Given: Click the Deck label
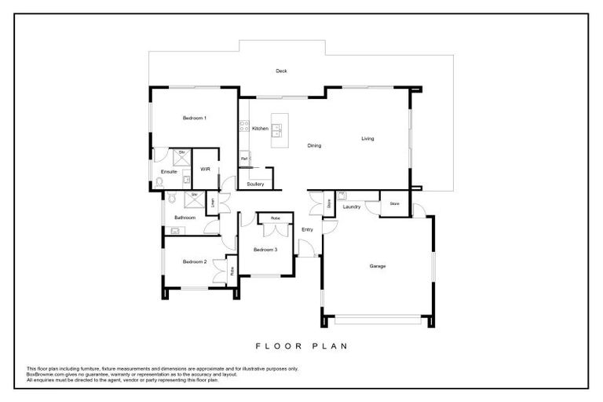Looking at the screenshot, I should [x=281, y=71].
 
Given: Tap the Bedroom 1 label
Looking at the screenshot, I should [x=194, y=118].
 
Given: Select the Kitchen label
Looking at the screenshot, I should [x=260, y=128].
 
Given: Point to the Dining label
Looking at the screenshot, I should [x=314, y=145].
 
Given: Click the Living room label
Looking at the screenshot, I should [x=367, y=139].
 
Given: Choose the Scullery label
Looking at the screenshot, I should [x=255, y=184].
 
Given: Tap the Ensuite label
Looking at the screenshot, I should [x=169, y=171].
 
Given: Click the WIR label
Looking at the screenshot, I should [x=205, y=169].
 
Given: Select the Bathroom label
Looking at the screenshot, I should [x=185, y=217].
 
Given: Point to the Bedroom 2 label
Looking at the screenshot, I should [x=194, y=261].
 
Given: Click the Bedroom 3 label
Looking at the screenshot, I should [x=265, y=249].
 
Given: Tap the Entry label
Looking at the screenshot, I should [x=307, y=229].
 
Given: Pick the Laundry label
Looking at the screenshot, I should [x=351, y=206].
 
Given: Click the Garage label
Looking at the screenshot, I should [x=378, y=266].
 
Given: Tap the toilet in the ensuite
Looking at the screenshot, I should [x=159, y=181].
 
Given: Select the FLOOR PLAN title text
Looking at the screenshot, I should [x=301, y=345].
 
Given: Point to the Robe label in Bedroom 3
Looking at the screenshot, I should [x=275, y=217].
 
